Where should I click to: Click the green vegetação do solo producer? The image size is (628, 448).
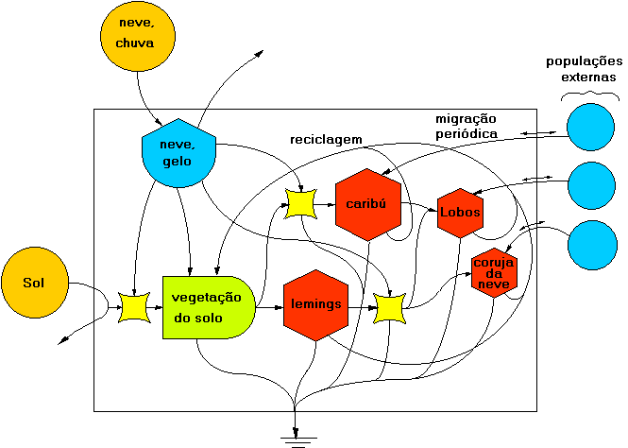[208, 307]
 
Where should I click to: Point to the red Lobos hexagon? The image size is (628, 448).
[460, 212]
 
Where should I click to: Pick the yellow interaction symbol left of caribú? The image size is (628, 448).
[300, 202]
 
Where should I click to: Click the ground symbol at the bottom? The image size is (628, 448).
[297, 438]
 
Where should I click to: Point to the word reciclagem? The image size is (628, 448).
[326, 139]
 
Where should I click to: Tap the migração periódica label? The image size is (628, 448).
[466, 126]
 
